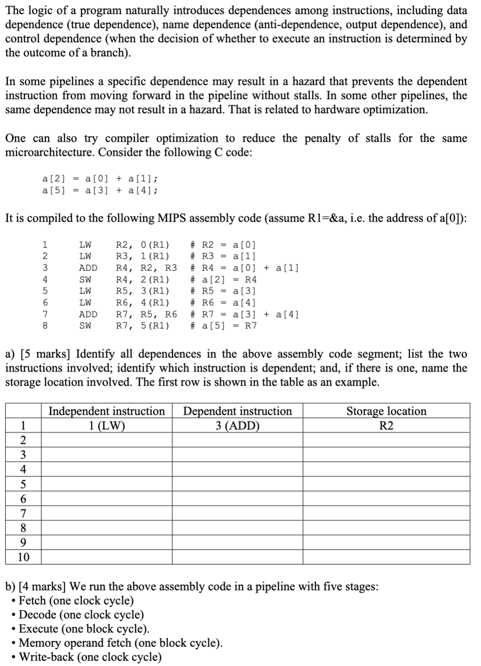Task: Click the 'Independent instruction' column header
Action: (x=107, y=411)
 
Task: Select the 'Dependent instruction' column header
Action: (x=237, y=411)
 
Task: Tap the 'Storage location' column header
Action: (x=386, y=411)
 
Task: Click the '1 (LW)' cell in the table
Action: (x=107, y=426)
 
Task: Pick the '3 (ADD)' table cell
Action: (x=237, y=426)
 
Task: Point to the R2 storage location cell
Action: (x=386, y=426)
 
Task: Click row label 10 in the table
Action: (x=23, y=557)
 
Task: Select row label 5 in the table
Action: (x=23, y=484)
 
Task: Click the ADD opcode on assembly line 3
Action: (x=88, y=268)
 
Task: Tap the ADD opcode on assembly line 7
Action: (x=88, y=314)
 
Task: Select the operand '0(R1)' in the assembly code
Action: (x=155, y=245)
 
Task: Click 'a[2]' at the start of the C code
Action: (x=54, y=178)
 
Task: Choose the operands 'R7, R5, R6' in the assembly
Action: (x=146, y=314)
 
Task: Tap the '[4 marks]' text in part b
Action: (x=43, y=586)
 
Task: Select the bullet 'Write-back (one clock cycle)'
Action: (x=90, y=657)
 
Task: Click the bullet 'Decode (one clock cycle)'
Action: (x=81, y=614)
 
